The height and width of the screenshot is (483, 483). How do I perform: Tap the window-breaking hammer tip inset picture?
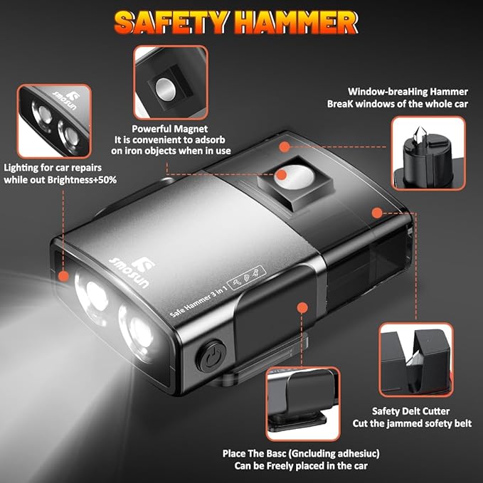(x=428, y=152)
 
